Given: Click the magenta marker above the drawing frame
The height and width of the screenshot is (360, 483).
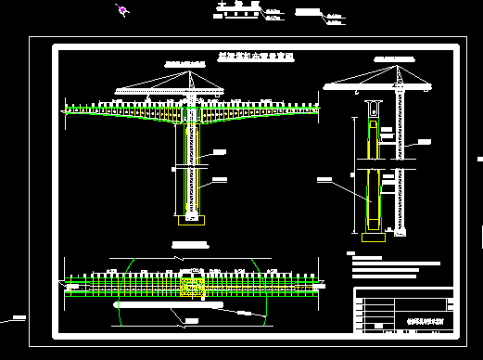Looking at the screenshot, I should (121, 11).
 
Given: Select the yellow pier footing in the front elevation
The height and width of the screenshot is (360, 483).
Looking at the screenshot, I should (190, 220).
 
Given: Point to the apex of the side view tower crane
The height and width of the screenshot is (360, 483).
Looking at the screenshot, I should (399, 67).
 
